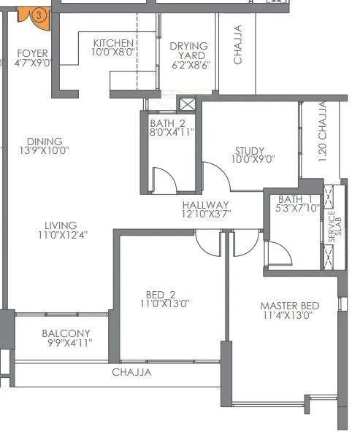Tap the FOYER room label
coord(33,53)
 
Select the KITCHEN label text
coord(112,43)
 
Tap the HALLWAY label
coord(206,205)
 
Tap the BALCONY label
coord(66,333)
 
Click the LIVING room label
coord(61,225)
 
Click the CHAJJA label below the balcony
coord(131,372)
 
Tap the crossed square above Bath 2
coord(187,104)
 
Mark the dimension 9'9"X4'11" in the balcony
coord(66,343)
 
